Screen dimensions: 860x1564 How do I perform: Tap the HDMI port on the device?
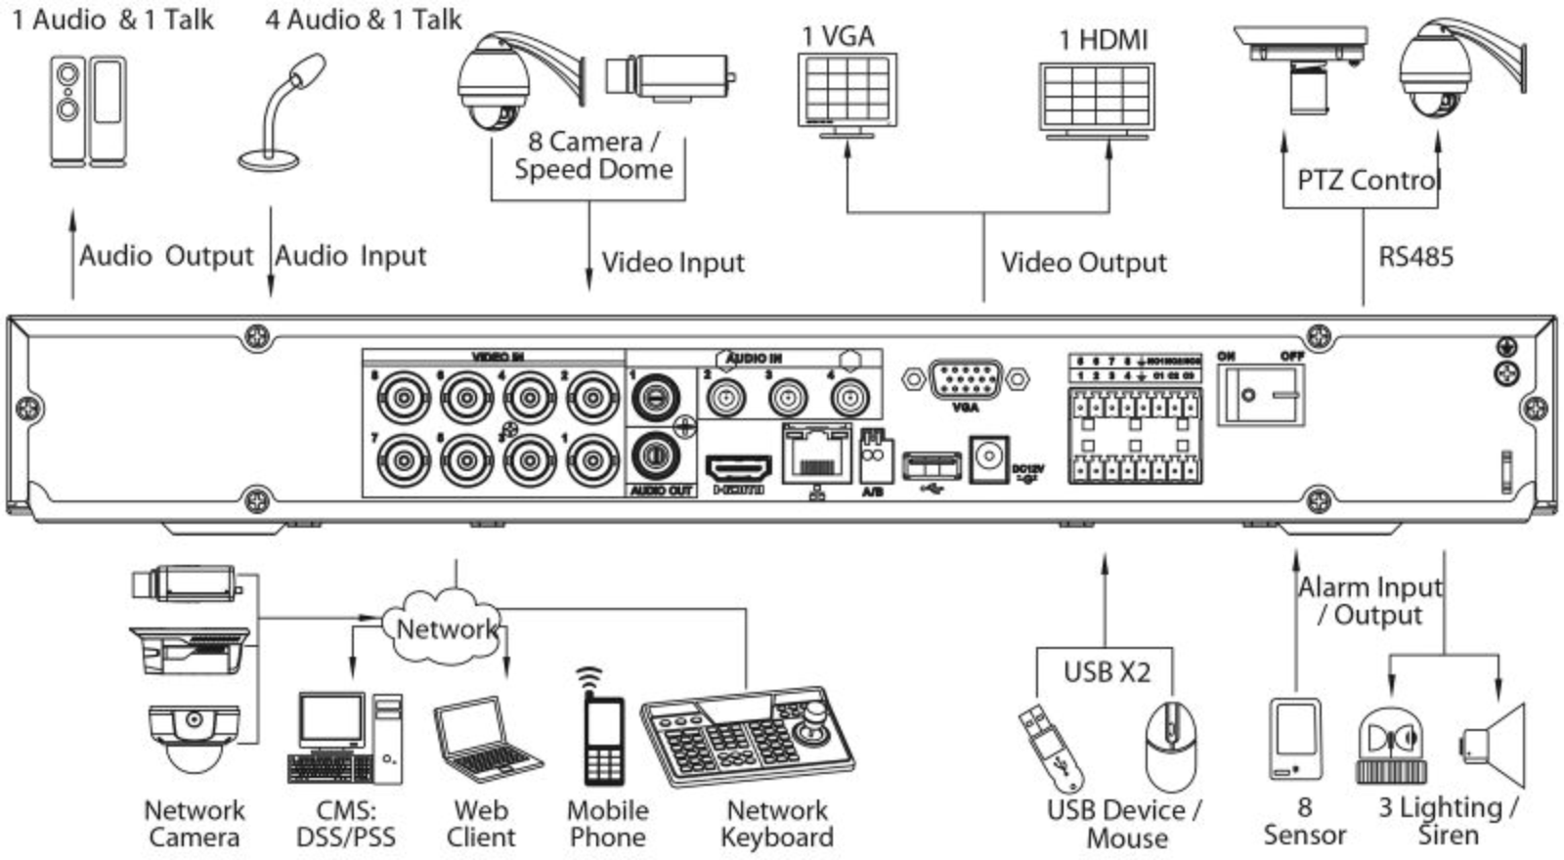[x=737, y=467]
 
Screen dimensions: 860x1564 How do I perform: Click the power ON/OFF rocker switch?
[x=1260, y=395]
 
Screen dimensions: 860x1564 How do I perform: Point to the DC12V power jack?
[x=988, y=458]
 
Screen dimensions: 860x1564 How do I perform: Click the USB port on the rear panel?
[x=931, y=465]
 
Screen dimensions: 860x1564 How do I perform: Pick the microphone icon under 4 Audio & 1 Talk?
[x=283, y=112]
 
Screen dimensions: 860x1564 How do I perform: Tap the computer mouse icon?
[x=1170, y=748]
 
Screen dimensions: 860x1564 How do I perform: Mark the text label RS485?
[x=1415, y=258]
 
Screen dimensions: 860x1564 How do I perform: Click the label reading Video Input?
[x=673, y=263]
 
